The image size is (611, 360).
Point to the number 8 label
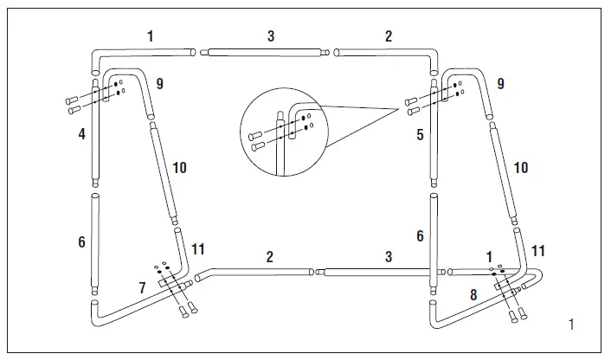pyautogui.click(x=473, y=294)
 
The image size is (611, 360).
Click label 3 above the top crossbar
pyautogui.click(x=271, y=36)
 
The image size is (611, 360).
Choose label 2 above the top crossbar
pyautogui.click(x=388, y=36)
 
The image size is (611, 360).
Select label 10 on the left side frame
pyautogui.click(x=180, y=167)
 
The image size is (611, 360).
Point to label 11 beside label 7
pyautogui.click(x=197, y=249)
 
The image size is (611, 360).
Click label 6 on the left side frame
pyautogui.click(x=81, y=242)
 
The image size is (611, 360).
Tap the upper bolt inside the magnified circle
pyautogui.click(x=256, y=134)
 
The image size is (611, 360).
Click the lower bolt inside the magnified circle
pyautogui.click(x=257, y=146)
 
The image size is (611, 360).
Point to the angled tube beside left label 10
pyautogui.click(x=163, y=169)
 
